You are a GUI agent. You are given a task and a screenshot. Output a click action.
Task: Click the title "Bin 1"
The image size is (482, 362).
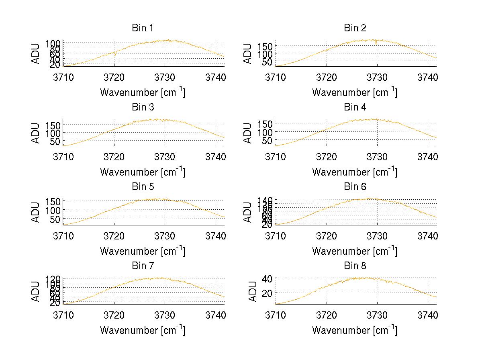pyautogui.click(x=143, y=28)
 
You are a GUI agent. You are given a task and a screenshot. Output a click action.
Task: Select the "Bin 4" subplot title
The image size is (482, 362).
pyautogui.click(x=355, y=107)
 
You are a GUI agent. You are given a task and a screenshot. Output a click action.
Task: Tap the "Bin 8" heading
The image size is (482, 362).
pyautogui.click(x=355, y=266)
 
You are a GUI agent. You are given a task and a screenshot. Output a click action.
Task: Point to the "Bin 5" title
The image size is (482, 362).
pyautogui.click(x=143, y=187)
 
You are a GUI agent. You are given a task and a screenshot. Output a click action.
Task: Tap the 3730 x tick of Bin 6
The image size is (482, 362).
pyautogui.click(x=377, y=235)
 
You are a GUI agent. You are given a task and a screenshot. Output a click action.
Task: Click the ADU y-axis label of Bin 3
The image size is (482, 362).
pyautogui.click(x=36, y=133)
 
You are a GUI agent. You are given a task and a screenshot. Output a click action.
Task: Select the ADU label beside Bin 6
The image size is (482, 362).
pyautogui.click(x=248, y=212)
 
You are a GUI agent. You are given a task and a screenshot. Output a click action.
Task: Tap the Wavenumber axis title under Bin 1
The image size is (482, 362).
pyautogui.click(x=143, y=92)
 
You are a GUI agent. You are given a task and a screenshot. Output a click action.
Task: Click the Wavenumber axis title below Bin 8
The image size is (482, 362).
pyautogui.click(x=355, y=330)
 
